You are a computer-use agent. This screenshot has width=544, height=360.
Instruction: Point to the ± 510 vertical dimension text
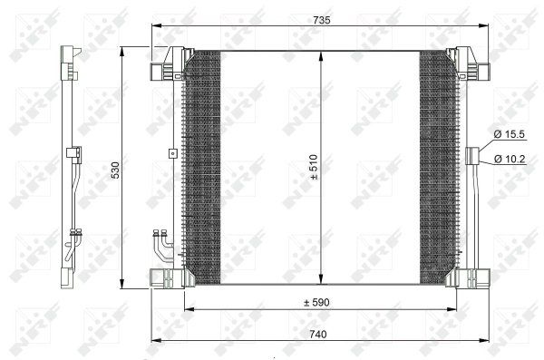[313, 169]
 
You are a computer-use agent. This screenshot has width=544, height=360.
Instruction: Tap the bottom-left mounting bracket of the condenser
[166, 276]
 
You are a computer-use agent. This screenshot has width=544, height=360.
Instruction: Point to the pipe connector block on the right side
[472, 156]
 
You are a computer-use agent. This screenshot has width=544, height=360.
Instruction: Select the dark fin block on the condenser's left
[201, 169]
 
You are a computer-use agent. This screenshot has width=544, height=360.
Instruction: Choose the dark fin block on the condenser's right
[437, 169]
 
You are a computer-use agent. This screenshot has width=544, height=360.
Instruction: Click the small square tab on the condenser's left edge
[171, 153]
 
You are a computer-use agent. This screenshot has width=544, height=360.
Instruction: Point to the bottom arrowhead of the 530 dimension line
[123, 282]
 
